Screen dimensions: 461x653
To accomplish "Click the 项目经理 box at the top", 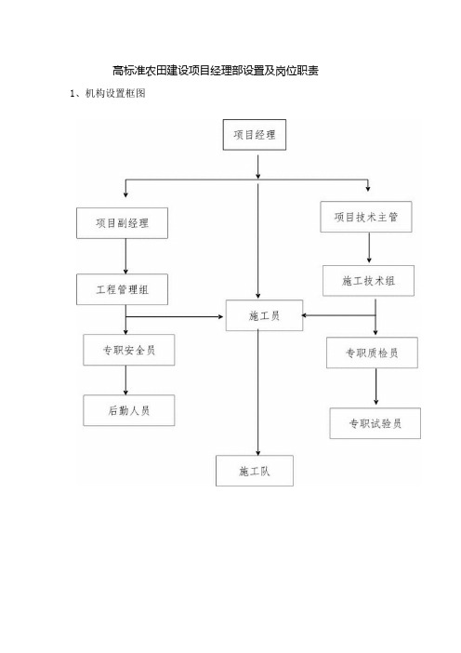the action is (255, 135).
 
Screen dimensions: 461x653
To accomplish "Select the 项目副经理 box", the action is (122, 223).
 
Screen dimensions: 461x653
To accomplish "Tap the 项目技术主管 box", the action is (366, 217).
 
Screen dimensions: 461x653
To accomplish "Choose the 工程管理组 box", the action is (122, 289).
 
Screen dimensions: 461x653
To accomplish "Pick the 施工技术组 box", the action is (368, 281).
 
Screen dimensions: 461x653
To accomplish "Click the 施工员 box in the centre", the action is (264, 315).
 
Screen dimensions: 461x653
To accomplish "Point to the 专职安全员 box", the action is (129, 350).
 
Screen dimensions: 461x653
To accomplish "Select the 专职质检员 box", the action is (372, 353).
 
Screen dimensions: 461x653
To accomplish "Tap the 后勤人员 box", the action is (129, 410).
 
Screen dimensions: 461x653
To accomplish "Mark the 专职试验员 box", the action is (375, 423).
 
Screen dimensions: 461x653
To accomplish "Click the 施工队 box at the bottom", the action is (255, 471).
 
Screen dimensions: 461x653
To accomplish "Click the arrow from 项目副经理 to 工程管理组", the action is (125, 256).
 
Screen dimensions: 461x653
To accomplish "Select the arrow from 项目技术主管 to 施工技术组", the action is (369, 247).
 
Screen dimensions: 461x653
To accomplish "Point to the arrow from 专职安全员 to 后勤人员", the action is (125, 380).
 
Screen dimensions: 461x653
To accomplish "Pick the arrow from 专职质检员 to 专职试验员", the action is (376, 386).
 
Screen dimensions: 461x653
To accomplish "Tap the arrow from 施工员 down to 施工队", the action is (258, 393).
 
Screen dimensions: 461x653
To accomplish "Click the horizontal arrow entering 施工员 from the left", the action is (175, 317).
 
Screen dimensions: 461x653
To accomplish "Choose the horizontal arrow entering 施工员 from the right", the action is (338, 315).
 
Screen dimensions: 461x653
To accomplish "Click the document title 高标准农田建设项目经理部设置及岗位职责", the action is (216, 71).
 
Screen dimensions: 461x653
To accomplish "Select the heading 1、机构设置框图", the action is (108, 93).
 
